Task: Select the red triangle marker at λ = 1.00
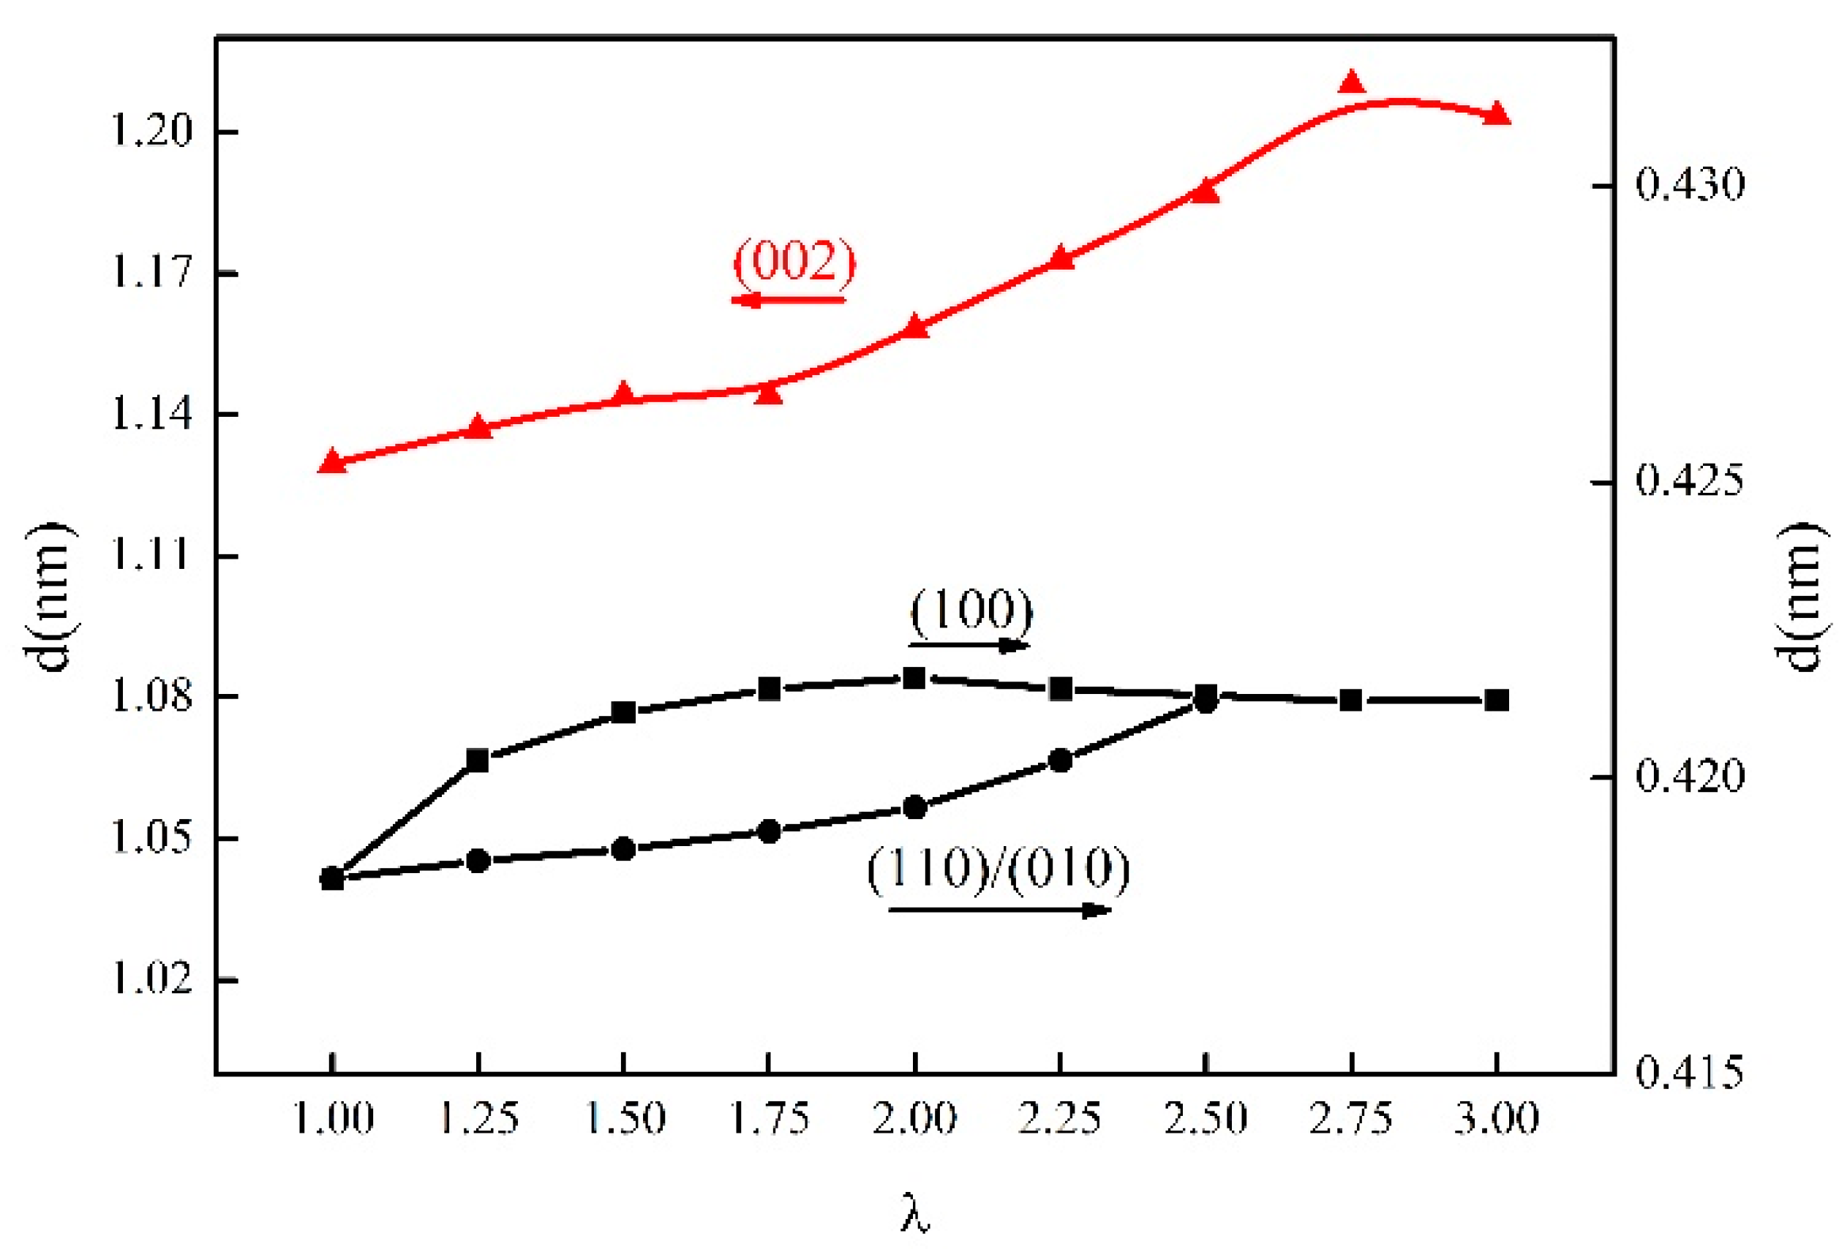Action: (x=332, y=462)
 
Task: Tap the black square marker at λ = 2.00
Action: (x=915, y=678)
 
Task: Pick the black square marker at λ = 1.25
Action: (x=478, y=761)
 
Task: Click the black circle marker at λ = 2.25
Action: (x=1061, y=761)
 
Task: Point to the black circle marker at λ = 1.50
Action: (x=623, y=850)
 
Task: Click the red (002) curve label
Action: (x=794, y=261)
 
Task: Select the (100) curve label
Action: (x=971, y=611)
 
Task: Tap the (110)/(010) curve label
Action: (x=999, y=869)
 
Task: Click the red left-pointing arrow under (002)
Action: (x=788, y=300)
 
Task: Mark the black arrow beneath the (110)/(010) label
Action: (x=1000, y=910)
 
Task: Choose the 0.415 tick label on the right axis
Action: (x=1690, y=1073)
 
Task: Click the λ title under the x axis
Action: (x=915, y=1215)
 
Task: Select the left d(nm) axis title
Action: (x=52, y=597)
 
